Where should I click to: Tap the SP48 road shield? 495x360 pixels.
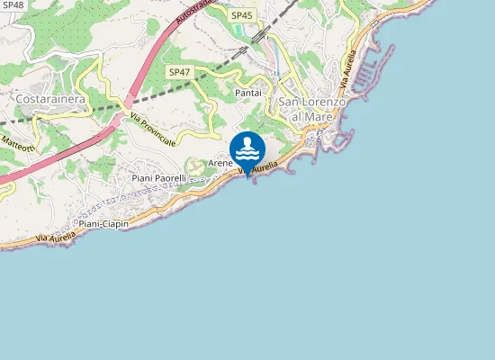click(x=13, y=4)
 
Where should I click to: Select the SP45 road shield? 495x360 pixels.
click(x=242, y=15)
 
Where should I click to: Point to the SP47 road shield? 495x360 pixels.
click(x=178, y=71)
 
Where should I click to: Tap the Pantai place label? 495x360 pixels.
click(x=247, y=93)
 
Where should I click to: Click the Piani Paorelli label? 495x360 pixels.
click(x=158, y=178)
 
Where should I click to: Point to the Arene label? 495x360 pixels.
click(x=220, y=164)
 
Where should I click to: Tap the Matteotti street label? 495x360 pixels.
click(x=18, y=142)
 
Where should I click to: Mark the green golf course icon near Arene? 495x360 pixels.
click(x=193, y=166)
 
